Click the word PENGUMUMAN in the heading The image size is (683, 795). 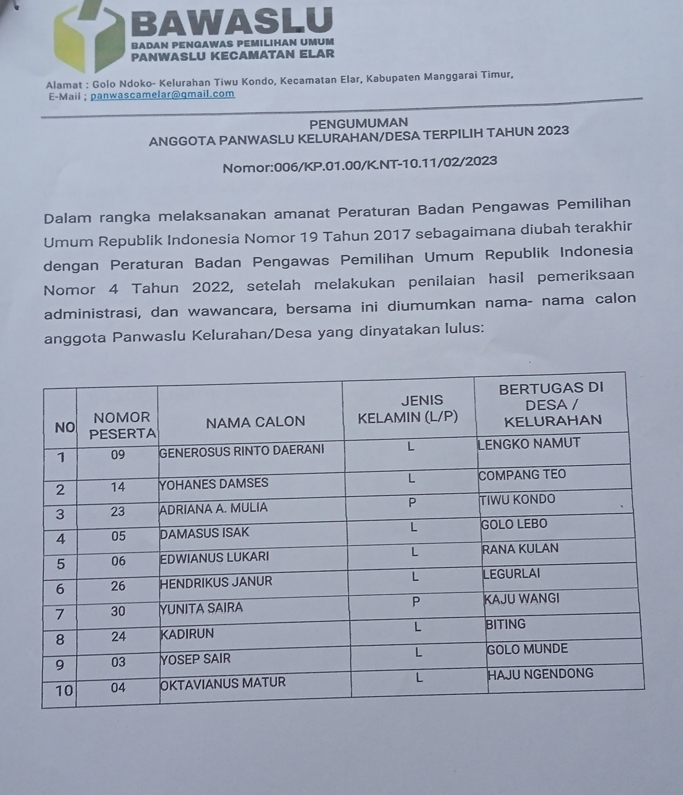coord(358,124)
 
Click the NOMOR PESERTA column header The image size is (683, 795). coord(122,425)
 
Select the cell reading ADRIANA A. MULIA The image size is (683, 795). coord(213,508)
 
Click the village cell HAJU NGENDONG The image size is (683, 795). coord(540,674)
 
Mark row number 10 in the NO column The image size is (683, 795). coord(64,691)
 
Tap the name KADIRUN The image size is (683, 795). coord(187,633)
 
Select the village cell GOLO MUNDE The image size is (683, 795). coord(527,649)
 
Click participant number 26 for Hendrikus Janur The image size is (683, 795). coord(118,586)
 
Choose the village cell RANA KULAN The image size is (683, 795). coord(520,549)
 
